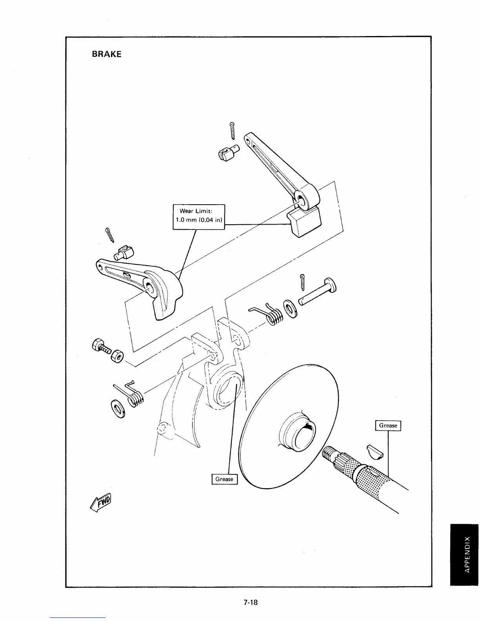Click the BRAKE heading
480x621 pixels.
coord(106,54)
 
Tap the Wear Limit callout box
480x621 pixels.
coord(199,216)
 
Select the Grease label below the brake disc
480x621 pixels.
coord(224,479)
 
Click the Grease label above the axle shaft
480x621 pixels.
coord(388,425)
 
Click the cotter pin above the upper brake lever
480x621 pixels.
coord(233,131)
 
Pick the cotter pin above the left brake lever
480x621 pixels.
coord(110,235)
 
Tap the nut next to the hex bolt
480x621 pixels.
coord(117,356)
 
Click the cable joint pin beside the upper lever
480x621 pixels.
coord(227,153)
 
